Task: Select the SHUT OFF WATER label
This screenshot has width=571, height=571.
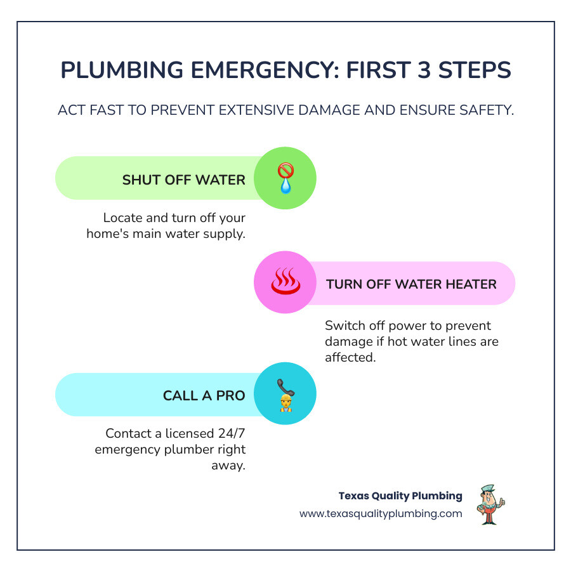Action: [x=183, y=180]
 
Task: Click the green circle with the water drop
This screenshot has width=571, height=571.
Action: [x=285, y=178]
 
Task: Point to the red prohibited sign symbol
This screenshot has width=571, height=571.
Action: [x=285, y=171]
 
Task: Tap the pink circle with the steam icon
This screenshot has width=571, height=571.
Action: [x=285, y=283]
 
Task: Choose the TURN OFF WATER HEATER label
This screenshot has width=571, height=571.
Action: [x=411, y=284]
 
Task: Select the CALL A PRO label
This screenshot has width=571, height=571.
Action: [x=204, y=395]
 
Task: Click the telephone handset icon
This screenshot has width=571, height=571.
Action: [x=284, y=386]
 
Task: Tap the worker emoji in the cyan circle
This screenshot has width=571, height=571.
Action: [x=285, y=404]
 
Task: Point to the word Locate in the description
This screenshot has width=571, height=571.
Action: [x=122, y=218]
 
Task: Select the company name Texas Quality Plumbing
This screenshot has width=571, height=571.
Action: [x=400, y=496]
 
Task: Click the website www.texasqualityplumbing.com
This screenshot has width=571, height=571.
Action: [x=381, y=514]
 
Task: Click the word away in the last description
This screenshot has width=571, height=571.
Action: [x=231, y=464]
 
